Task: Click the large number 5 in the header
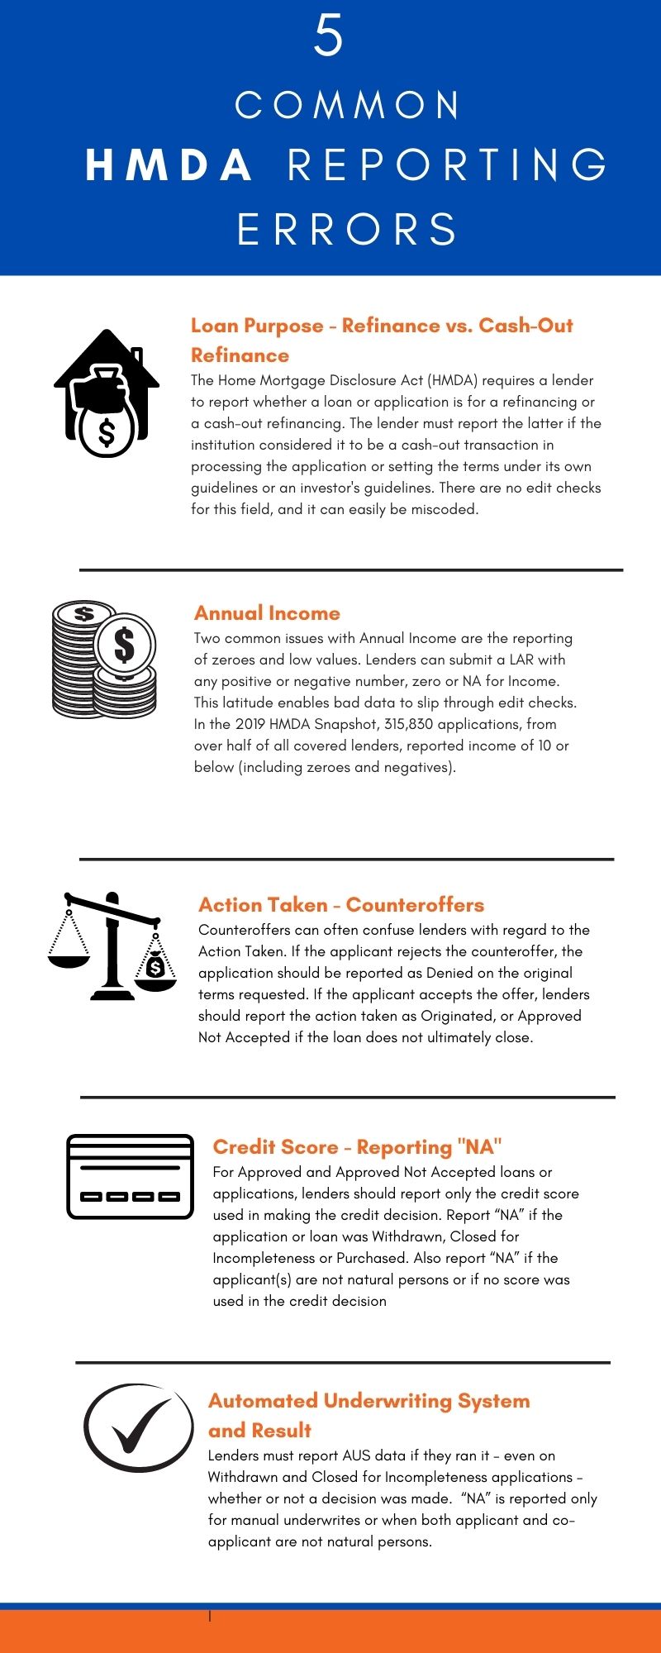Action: tap(328, 36)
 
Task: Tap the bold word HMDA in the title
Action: tap(169, 165)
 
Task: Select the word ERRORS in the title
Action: tap(347, 230)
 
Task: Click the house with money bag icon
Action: tap(107, 393)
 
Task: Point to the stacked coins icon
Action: tap(104, 660)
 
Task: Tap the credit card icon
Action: tap(130, 1176)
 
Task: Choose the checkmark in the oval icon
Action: tap(139, 1427)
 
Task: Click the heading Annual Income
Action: tap(267, 613)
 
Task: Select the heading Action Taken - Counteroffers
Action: tap(341, 905)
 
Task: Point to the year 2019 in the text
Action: tap(250, 724)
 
